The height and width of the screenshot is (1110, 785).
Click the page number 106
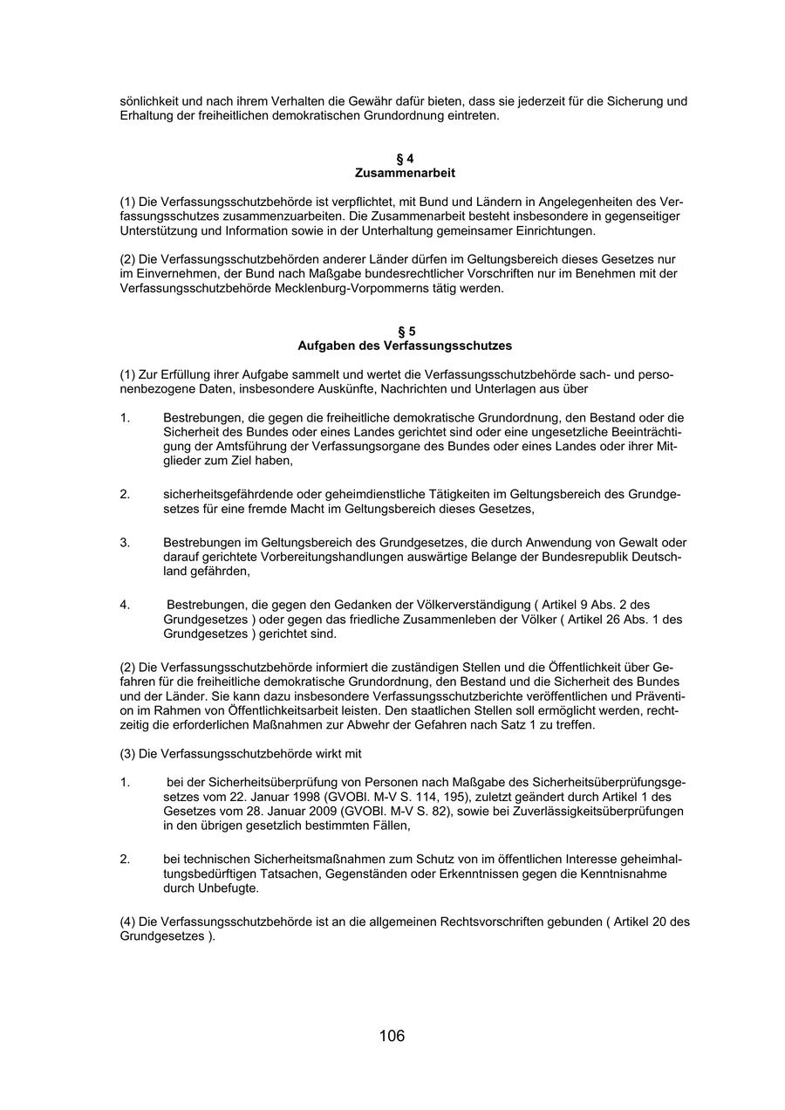[392, 1036]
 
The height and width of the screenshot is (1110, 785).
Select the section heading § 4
[405, 159]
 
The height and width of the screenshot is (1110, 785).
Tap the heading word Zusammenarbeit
[405, 173]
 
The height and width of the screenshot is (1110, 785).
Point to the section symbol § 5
[406, 332]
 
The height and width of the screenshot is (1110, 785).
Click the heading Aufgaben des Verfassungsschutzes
[405, 346]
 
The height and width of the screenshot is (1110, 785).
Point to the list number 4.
[125, 605]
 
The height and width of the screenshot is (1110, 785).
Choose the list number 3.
[125, 543]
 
